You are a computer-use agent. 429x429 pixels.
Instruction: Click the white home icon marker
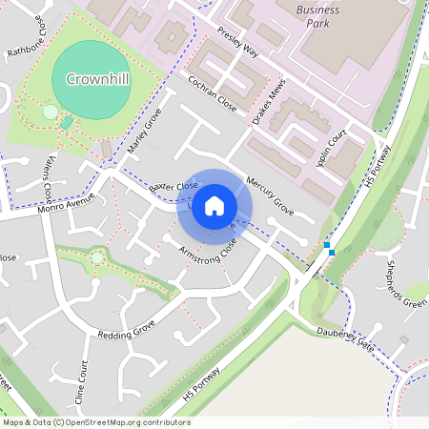pyautogui.click(x=214, y=205)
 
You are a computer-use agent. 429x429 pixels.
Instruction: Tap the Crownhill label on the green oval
pyautogui.click(x=92, y=79)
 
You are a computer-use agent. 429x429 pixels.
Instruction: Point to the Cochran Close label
pyautogui.click(x=212, y=92)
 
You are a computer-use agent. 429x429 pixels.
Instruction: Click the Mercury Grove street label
pyautogui.click(x=269, y=191)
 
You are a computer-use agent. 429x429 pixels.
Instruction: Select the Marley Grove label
pyautogui.click(x=145, y=132)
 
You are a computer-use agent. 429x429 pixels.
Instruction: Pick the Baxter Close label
pyautogui.click(x=174, y=186)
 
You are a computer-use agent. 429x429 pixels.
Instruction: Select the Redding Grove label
pyautogui.click(x=126, y=331)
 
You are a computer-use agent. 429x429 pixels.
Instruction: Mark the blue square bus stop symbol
pyautogui.click(x=328, y=246)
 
